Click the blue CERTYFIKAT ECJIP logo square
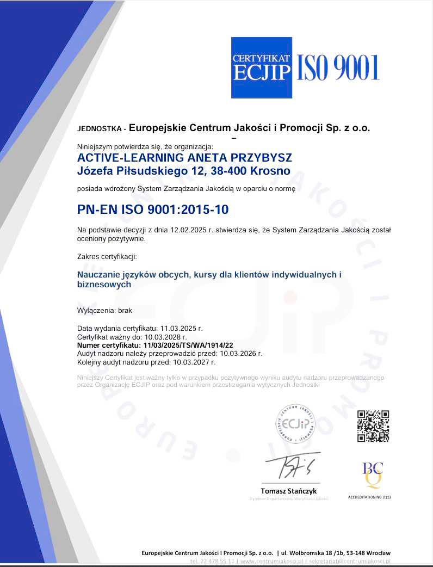click(x=262, y=67)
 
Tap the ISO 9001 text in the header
click(x=337, y=68)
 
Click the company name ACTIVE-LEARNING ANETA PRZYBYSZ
click(x=185, y=157)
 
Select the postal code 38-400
click(x=230, y=171)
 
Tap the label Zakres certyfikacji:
click(x=107, y=256)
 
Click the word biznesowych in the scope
click(x=104, y=285)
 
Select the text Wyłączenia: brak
click(x=105, y=311)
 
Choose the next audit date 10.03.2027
click(x=194, y=361)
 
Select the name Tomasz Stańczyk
click(x=289, y=491)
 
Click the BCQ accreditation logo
click(x=373, y=474)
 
